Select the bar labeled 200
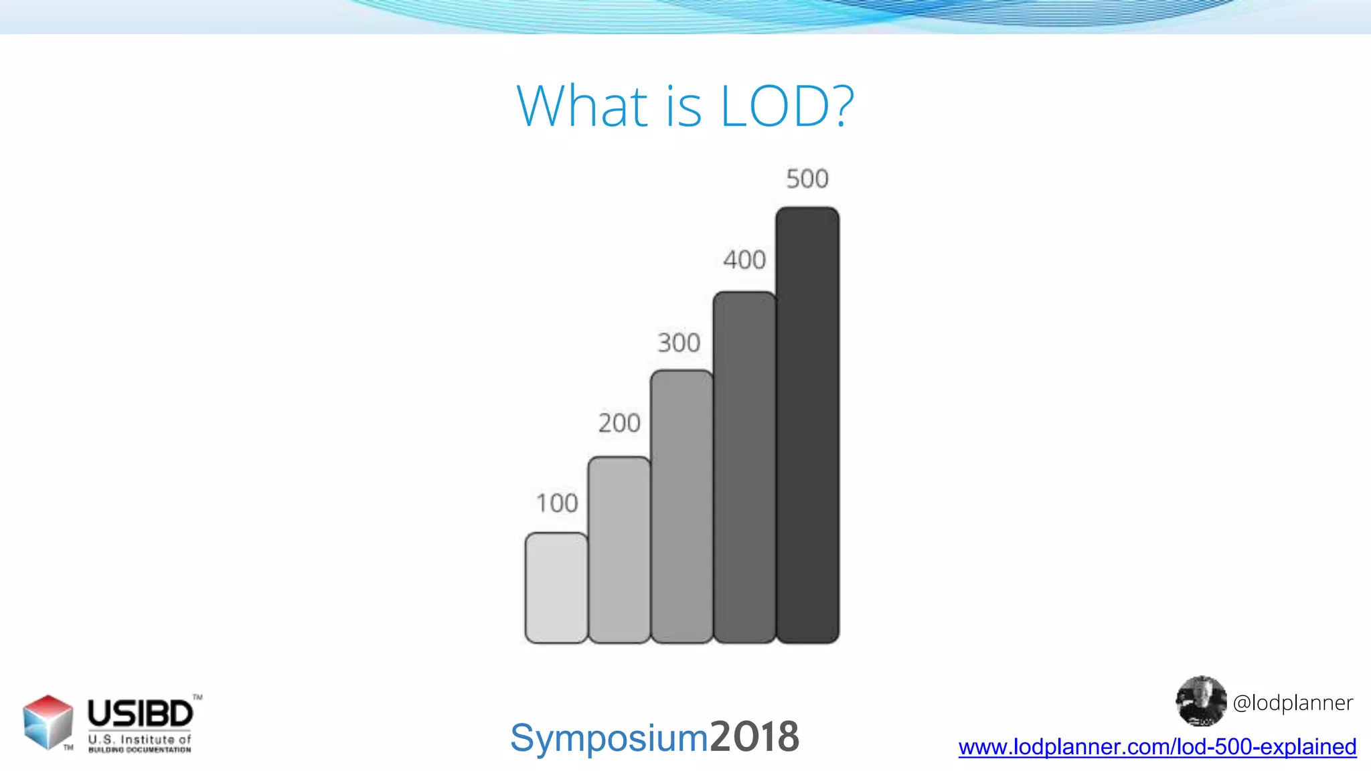point(619,550)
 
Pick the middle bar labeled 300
point(681,507)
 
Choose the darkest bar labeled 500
point(807,425)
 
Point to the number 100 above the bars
point(557,503)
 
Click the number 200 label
point(619,423)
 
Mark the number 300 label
point(679,343)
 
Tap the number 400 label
point(744,260)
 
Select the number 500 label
point(807,179)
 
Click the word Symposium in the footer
point(609,738)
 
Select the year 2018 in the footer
point(754,737)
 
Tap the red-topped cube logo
point(48,721)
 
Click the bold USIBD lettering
point(141,713)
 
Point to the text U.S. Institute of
point(139,740)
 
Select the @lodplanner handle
point(1293,703)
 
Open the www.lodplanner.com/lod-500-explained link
point(1157,747)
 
